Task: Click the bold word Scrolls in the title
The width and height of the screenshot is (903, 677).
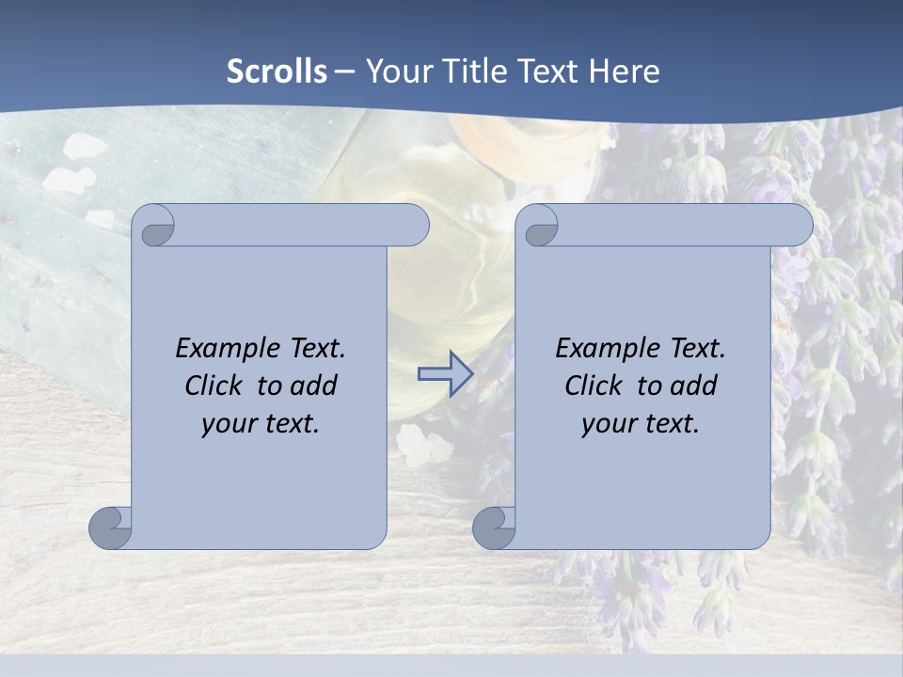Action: (277, 71)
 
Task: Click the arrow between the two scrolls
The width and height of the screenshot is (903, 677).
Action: (445, 374)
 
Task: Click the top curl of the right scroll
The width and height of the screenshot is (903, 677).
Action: (539, 226)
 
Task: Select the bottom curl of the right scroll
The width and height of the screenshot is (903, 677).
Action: (495, 527)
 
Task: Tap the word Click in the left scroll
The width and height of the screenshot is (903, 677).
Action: (213, 386)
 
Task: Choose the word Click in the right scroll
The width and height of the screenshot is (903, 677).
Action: (593, 386)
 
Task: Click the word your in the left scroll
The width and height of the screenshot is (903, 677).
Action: (228, 424)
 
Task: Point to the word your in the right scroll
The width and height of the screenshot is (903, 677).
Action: (608, 424)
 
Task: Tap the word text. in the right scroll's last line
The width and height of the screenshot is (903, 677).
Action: (671, 424)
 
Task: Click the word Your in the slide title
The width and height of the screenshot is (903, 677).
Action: (398, 71)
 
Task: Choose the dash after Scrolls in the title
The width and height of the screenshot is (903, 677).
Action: (344, 71)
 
